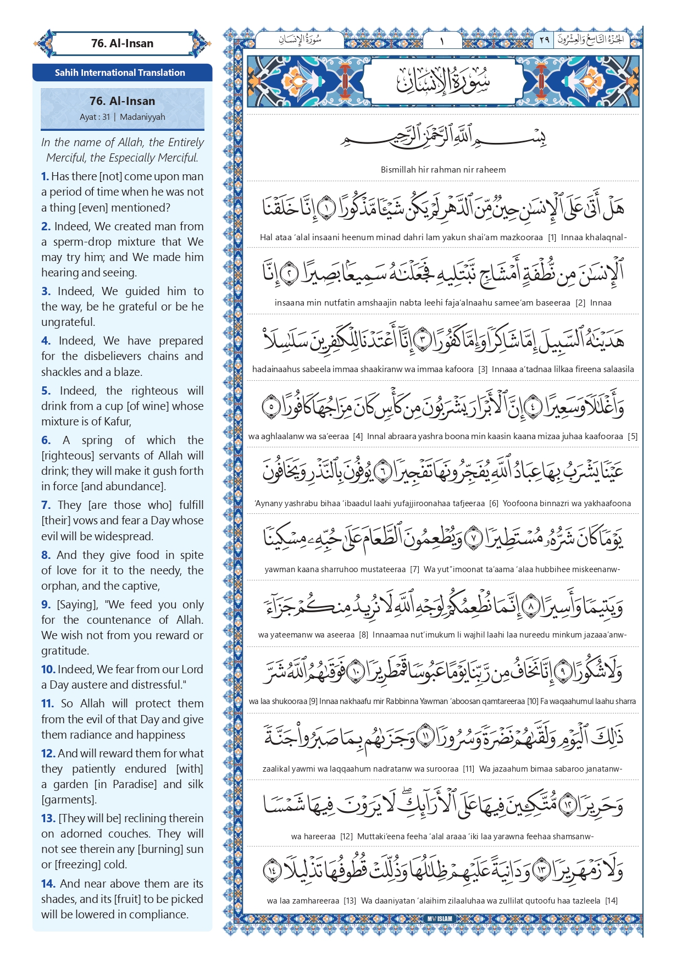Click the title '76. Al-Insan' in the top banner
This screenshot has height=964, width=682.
pos(122,43)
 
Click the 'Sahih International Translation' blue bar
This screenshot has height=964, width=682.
pos(120,73)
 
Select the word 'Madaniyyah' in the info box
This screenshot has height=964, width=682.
pos(142,117)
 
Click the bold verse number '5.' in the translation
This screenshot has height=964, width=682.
pos(46,391)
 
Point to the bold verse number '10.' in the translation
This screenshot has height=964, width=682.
pos(48,669)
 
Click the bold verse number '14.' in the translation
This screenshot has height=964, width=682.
pos(48,884)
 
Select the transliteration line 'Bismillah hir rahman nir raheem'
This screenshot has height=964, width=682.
pos(443,170)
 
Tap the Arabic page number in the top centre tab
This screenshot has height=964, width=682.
pos(442,40)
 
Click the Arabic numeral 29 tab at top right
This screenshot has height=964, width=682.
pos(544,40)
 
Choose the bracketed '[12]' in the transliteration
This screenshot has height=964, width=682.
pos(346,836)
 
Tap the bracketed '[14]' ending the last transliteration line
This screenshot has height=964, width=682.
pos(611,901)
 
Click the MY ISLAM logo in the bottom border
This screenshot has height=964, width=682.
pos(440,918)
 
